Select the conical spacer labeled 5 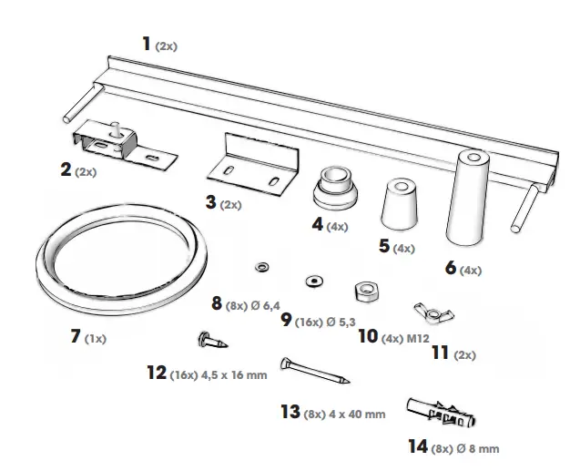pos(394,207)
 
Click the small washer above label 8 pos(262,266)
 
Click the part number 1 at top pos(148,42)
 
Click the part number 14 pos(419,446)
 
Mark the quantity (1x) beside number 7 pos(96,339)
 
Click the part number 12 pos(156,372)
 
